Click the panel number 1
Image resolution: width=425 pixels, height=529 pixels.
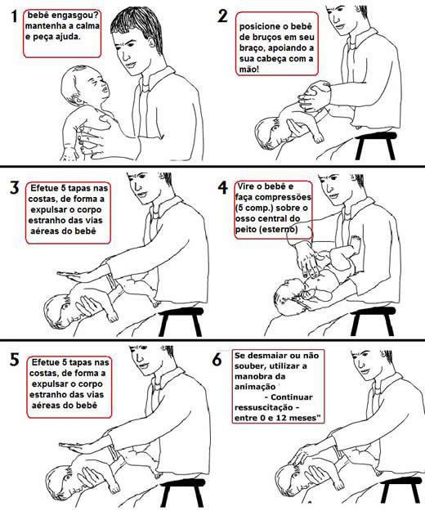pyautogui.click(x=14, y=16)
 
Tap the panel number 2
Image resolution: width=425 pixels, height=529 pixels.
pyautogui.click(x=223, y=16)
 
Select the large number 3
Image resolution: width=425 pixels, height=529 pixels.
pyautogui.click(x=15, y=187)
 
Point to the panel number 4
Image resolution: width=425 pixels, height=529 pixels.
pyautogui.click(x=223, y=187)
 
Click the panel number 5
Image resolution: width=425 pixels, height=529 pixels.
pyautogui.click(x=14, y=360)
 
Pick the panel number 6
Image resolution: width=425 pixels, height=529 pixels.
pyautogui.click(x=217, y=360)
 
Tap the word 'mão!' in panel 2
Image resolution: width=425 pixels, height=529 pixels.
pyautogui.click(x=249, y=69)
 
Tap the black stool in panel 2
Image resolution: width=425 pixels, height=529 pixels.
pyautogui.click(x=376, y=145)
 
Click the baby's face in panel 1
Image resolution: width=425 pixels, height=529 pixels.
pyautogui.click(x=99, y=86)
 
